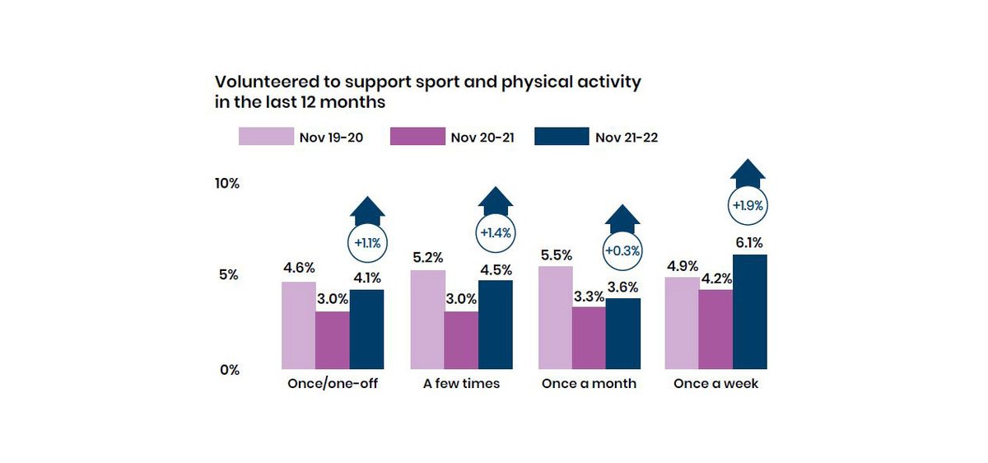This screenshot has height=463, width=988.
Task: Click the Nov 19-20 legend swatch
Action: click(266, 137)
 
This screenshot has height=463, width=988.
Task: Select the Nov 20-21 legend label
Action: click(482, 138)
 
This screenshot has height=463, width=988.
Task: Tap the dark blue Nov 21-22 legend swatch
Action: click(562, 137)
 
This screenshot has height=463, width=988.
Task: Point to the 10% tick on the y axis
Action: click(226, 184)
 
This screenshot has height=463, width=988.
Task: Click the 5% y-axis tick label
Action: click(228, 275)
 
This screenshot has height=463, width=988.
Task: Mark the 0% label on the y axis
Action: click(228, 370)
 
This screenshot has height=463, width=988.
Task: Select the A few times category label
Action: click(461, 384)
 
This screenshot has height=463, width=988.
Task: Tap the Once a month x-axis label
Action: click(589, 384)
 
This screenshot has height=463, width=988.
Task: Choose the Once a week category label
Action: click(715, 384)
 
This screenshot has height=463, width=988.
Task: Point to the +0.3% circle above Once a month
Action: click(622, 250)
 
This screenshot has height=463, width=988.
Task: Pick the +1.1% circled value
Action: click(367, 243)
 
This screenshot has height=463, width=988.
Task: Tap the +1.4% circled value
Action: click(496, 233)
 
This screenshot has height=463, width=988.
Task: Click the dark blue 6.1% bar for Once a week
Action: click(749, 312)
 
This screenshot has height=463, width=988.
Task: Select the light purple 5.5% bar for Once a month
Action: click(555, 318)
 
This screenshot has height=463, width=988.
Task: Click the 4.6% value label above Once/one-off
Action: click(298, 268)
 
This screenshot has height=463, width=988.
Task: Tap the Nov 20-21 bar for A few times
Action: click(461, 340)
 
